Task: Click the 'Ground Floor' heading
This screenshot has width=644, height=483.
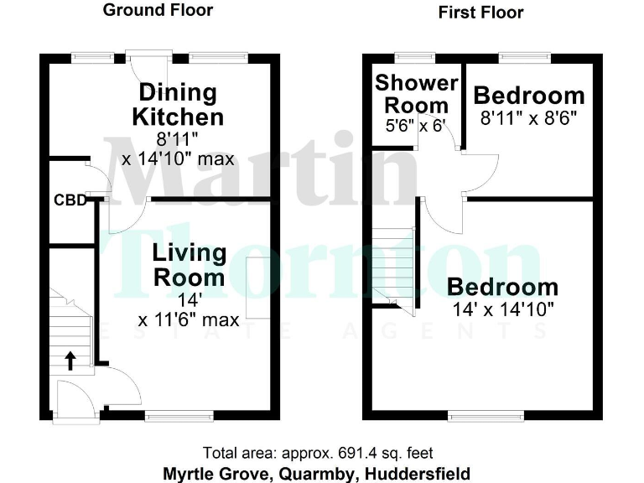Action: point(158,10)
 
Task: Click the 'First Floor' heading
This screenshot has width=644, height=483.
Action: point(480,12)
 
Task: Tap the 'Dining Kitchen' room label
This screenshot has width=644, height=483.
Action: point(177,105)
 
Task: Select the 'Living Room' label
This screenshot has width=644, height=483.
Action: point(189,264)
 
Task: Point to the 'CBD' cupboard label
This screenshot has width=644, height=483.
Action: point(71,200)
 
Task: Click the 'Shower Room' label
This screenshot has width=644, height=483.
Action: point(417,94)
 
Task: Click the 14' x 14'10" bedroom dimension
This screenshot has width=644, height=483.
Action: point(502,308)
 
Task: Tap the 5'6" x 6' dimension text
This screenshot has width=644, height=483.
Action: point(417,125)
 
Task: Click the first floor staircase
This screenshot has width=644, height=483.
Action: point(394,268)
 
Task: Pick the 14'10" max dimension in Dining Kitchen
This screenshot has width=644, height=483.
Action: point(178,159)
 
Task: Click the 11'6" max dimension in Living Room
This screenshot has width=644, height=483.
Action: point(189,319)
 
